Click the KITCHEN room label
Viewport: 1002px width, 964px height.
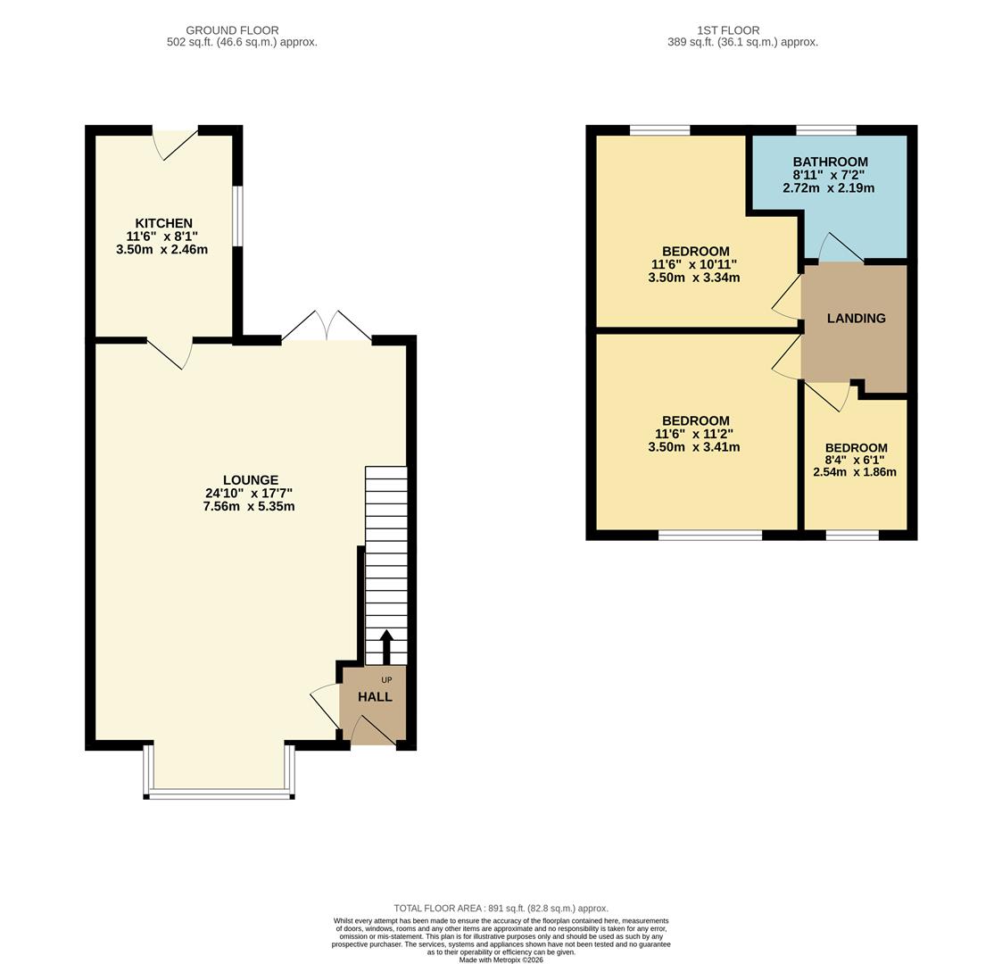[163, 223]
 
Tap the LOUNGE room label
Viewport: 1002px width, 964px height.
[250, 480]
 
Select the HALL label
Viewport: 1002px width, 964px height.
[375, 697]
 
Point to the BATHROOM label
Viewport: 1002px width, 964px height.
[830, 162]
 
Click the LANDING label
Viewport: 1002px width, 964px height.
[856, 318]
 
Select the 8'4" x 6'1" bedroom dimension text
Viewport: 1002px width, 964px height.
[855, 461]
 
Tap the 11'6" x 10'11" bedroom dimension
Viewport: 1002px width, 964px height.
[695, 265]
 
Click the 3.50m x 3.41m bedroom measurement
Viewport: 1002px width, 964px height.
[694, 447]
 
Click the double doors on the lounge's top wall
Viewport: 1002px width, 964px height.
[327, 328]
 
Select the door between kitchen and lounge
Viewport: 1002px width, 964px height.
[170, 352]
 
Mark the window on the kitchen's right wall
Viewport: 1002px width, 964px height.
[237, 215]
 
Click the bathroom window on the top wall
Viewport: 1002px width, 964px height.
[825, 130]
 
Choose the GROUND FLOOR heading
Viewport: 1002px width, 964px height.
[232, 30]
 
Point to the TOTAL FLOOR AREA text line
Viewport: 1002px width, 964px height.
[501, 909]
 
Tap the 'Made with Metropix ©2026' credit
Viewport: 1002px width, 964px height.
[501, 960]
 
